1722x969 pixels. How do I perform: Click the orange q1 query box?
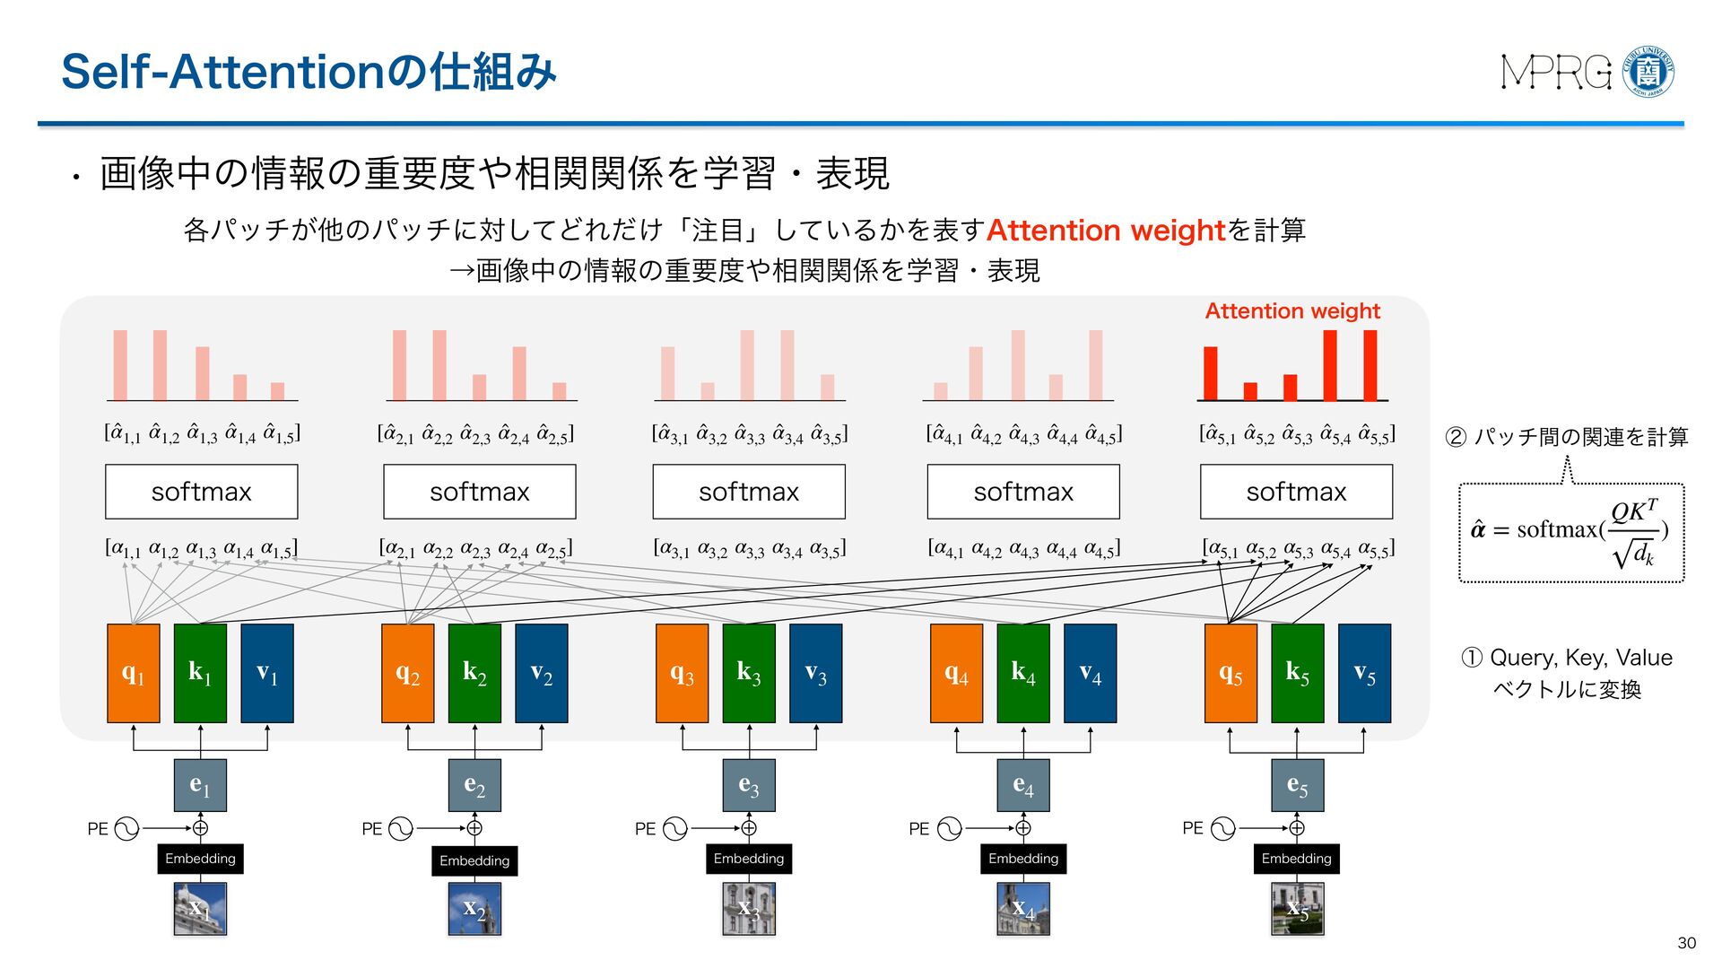(x=133, y=673)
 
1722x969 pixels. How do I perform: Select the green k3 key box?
(x=749, y=673)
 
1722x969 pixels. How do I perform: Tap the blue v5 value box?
(x=1364, y=673)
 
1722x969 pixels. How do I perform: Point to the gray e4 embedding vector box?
(x=1023, y=785)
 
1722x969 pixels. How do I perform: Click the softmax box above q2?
(x=480, y=492)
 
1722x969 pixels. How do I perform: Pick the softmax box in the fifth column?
(x=1296, y=492)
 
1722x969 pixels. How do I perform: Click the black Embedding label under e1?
(x=200, y=859)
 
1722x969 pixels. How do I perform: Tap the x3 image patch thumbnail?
(x=749, y=909)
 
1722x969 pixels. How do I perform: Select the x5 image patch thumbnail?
(x=1297, y=909)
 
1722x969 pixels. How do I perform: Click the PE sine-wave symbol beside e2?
(x=401, y=828)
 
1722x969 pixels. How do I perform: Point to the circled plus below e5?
(x=1297, y=828)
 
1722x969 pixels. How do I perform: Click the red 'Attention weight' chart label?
(x=1291, y=311)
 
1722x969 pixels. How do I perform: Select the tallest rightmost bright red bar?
(x=1370, y=365)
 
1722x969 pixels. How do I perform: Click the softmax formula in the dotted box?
(x=1570, y=532)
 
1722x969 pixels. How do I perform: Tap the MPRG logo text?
(x=1556, y=73)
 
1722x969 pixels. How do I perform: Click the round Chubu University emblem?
(x=1648, y=72)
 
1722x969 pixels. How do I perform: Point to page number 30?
(x=1686, y=943)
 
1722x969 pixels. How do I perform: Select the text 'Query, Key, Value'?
(x=1580, y=658)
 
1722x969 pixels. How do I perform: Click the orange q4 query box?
(x=956, y=673)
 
